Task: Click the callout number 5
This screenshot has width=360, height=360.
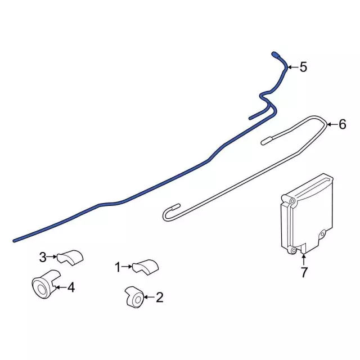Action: [x=303, y=67]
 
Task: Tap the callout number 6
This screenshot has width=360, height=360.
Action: [x=343, y=124]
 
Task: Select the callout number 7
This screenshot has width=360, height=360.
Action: [x=304, y=272]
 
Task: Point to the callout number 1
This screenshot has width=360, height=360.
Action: [x=118, y=267]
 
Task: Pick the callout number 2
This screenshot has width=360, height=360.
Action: [x=160, y=298]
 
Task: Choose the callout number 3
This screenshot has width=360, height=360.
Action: [x=43, y=257]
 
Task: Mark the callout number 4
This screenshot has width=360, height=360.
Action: [x=71, y=287]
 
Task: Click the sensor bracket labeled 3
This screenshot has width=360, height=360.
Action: [x=70, y=258]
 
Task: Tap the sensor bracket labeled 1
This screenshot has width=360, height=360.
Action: [x=145, y=267]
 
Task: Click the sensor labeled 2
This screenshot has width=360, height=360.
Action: [x=135, y=297]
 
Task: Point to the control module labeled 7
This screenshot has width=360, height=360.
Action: [x=307, y=214]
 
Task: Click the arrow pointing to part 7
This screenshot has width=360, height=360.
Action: [x=304, y=260]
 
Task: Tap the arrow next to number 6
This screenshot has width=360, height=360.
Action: [x=332, y=124]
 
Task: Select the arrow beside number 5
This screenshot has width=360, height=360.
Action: [x=293, y=67]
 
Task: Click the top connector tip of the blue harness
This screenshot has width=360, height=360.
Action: [x=274, y=54]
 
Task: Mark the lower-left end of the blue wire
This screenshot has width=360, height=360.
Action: [x=15, y=241]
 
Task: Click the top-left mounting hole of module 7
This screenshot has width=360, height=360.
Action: [x=292, y=201]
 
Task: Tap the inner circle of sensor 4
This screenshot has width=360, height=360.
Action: [x=41, y=290]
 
